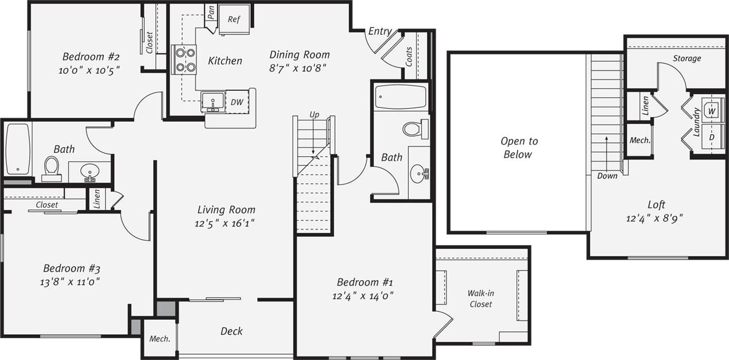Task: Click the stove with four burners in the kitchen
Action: (x=184, y=59)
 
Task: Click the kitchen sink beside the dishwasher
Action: (x=212, y=102)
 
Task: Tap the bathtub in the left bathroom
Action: (x=18, y=149)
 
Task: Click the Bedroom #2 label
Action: (x=91, y=57)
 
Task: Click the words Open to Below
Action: (x=519, y=148)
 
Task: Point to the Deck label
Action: (x=231, y=331)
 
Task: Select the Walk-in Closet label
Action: (x=480, y=299)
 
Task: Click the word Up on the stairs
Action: (x=314, y=115)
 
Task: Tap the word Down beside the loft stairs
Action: (x=607, y=176)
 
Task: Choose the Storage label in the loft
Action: (x=687, y=59)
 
